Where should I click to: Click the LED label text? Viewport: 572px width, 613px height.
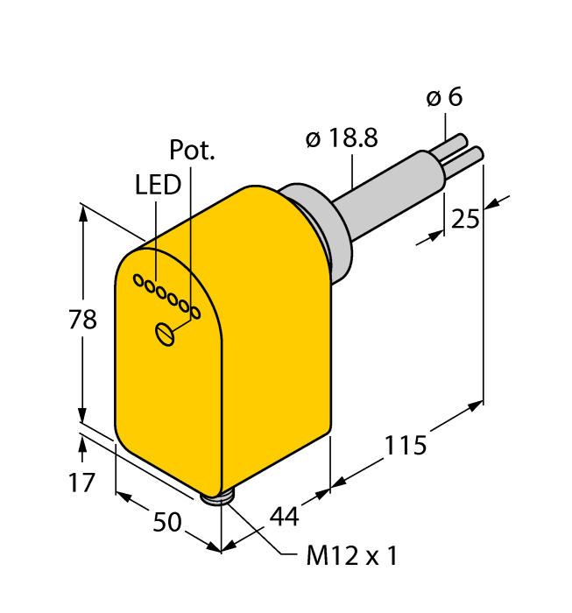pos(158,185)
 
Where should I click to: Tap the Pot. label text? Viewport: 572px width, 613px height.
pos(192,150)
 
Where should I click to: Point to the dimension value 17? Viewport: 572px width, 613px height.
pos(81,482)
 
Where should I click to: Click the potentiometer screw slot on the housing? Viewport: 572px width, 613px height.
pos(164,334)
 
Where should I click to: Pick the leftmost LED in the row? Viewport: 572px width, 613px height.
pos(138,280)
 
